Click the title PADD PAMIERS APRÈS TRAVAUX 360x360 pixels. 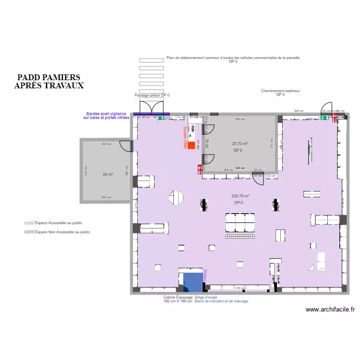[x=48, y=82]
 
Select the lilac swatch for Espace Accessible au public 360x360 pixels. [x=29, y=223]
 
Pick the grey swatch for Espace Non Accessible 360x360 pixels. [x=29, y=232]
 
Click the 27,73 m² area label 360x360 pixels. [x=240, y=144]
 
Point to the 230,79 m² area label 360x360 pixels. [x=240, y=196]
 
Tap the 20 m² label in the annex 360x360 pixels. [x=107, y=174]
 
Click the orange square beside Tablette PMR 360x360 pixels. [x=192, y=145]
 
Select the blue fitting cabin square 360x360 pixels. [x=193, y=282]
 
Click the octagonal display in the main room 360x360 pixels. [x=176, y=197]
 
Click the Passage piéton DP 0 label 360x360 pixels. [x=152, y=95]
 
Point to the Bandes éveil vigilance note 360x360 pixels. [x=106, y=116]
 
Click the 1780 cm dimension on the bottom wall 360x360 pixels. [x=240, y=288]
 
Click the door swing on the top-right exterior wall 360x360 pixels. [x=327, y=109]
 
